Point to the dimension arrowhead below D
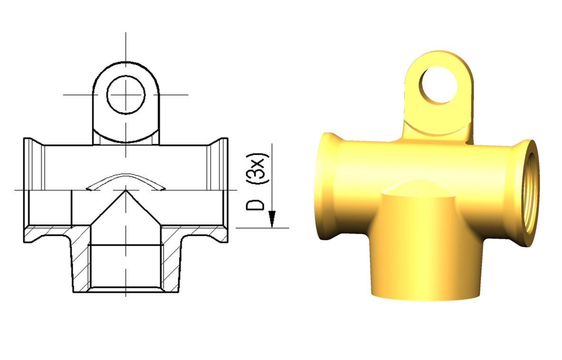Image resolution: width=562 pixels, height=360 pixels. [x=272, y=219]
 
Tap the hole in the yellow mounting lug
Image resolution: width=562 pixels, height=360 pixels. [x=439, y=85]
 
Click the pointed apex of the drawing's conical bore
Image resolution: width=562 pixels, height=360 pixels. [x=126, y=190]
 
